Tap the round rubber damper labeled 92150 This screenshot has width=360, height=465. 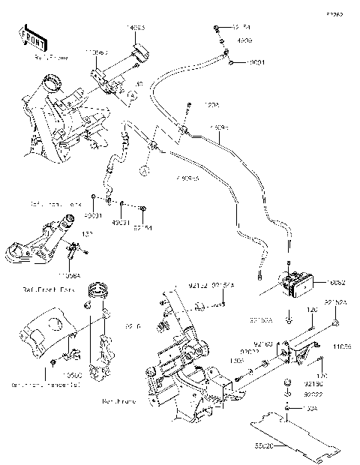[x=288, y=387]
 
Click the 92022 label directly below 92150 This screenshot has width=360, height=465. [x=314, y=394]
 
